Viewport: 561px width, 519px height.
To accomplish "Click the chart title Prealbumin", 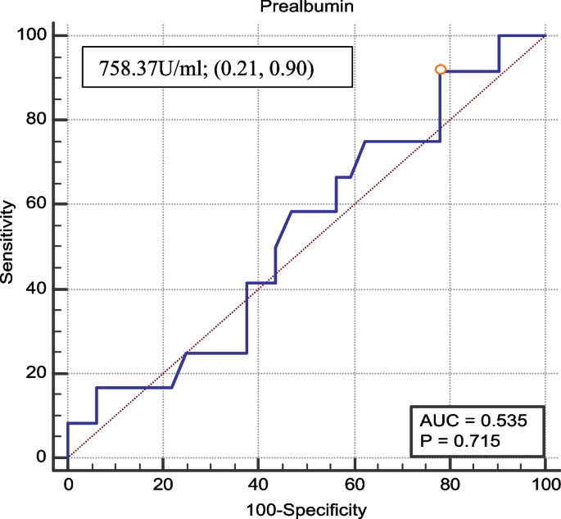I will tap(300, 7).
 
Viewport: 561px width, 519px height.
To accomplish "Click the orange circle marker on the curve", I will tap(441, 70).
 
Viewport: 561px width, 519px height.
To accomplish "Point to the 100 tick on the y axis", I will tap(34, 35).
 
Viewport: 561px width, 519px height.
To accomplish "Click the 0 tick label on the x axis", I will tap(68, 485).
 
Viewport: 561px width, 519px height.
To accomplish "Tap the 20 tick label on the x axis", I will tap(163, 485).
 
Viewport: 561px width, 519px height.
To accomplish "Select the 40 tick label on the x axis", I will tap(259, 485).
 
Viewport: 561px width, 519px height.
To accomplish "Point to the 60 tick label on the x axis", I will tap(354, 485).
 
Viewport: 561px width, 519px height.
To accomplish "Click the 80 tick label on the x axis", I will tap(450, 485).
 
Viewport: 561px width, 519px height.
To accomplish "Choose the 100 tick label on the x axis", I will tap(545, 485).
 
